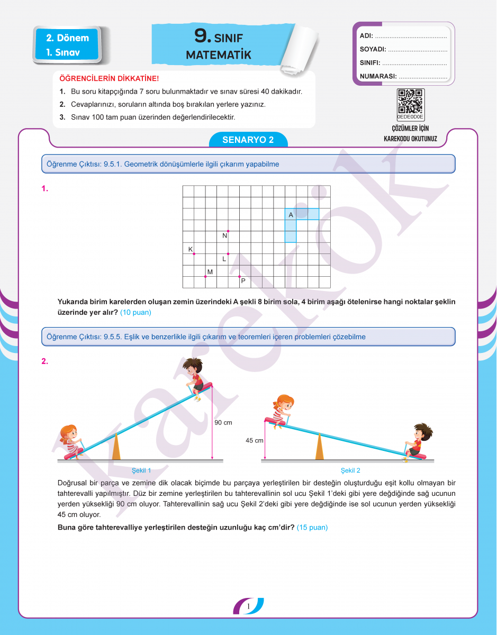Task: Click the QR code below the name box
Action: [x=410, y=101]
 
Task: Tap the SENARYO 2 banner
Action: [x=248, y=140]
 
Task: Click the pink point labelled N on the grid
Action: [x=228, y=231]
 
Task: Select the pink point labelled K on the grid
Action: [x=194, y=254]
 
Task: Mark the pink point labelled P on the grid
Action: [x=239, y=277]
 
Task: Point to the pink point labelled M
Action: [x=205, y=277]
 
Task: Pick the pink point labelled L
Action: [x=228, y=254]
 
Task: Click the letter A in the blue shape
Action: [x=291, y=215]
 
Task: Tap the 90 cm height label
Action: [x=223, y=423]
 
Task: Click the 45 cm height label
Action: [x=255, y=440]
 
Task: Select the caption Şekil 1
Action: [x=141, y=470]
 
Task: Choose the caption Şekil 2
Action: [x=350, y=470]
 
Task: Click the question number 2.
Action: [x=45, y=361]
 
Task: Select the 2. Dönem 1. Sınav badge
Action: [x=67, y=45]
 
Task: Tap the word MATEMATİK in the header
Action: [x=219, y=55]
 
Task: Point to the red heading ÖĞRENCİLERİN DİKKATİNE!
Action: [x=109, y=78]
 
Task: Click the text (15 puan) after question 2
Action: [x=312, y=527]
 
